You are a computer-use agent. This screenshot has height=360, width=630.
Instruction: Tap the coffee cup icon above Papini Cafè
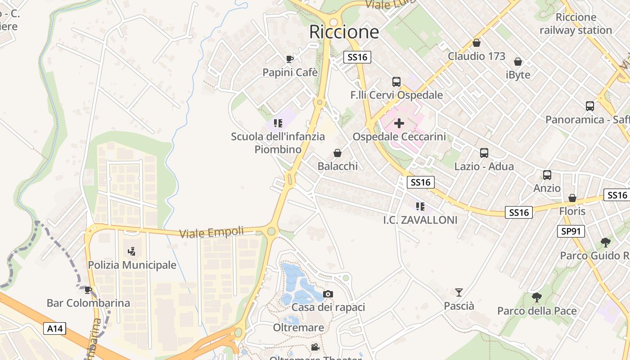290,59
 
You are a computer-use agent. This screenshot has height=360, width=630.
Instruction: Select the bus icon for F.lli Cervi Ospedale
396,81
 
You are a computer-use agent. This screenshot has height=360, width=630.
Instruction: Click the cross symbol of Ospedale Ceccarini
399,123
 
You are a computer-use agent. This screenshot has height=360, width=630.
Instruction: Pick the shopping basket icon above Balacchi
337,153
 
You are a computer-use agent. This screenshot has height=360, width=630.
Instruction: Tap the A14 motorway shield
55,329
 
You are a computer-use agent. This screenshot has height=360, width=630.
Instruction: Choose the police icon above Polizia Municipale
132,251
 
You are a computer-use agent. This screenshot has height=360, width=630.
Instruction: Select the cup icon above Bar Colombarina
88,290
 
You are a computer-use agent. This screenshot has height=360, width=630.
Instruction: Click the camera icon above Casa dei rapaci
328,294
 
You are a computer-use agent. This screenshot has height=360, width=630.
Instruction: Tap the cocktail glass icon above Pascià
459,292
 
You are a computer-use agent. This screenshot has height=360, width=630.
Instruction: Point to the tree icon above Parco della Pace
536,297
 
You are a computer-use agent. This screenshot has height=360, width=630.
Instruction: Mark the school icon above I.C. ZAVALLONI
420,207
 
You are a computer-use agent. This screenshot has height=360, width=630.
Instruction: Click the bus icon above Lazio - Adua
484,153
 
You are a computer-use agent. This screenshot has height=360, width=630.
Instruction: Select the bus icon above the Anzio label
547,175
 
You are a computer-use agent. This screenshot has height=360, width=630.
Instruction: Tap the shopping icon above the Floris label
572,198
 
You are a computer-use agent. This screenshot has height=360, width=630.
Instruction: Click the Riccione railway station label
576,24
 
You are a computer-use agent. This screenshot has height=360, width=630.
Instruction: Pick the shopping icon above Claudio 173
477,43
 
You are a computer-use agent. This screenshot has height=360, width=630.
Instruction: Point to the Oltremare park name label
298,328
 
